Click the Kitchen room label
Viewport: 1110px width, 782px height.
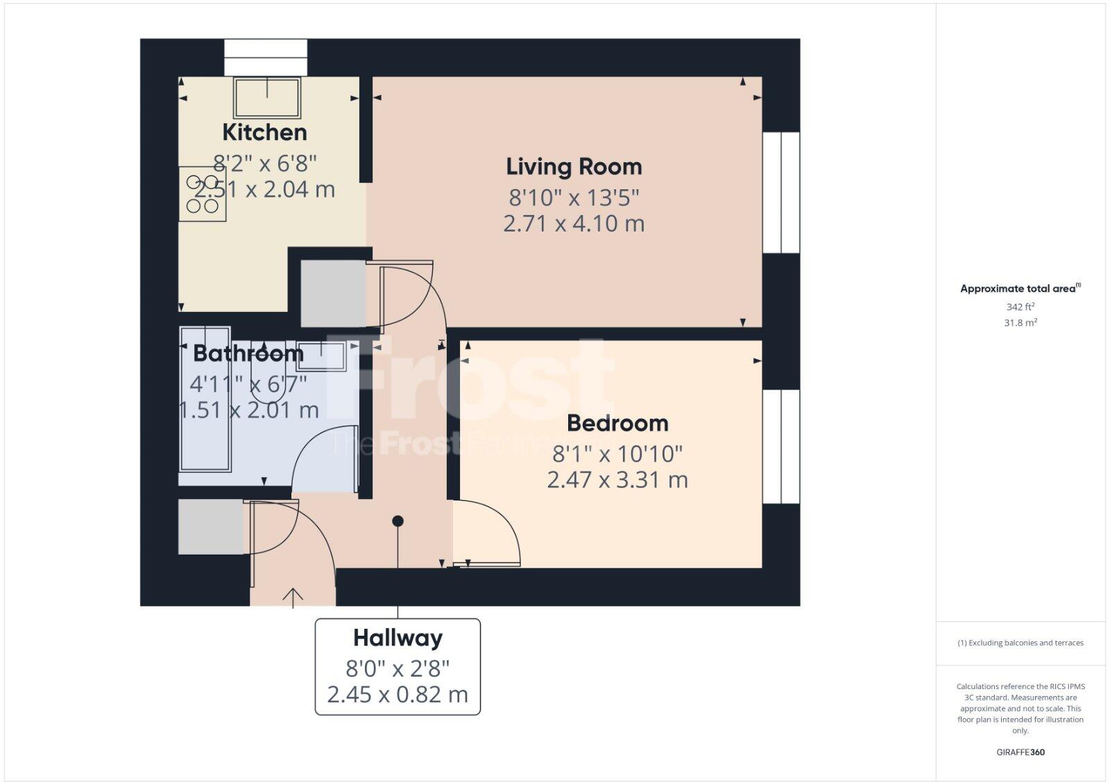pyautogui.click(x=264, y=132)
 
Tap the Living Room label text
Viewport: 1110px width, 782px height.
pyautogui.click(x=574, y=166)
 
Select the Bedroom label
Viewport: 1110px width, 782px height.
pyautogui.click(x=617, y=423)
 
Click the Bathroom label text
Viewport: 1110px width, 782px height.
pyautogui.click(x=248, y=353)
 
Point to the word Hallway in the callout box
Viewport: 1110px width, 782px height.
pyautogui.click(x=398, y=638)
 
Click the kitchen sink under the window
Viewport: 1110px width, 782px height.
pyautogui.click(x=267, y=98)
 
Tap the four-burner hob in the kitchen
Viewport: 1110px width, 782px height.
pyautogui.click(x=203, y=194)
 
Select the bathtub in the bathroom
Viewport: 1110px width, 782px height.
pyautogui.click(x=205, y=409)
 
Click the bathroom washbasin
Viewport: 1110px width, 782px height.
pyautogui.click(x=321, y=356)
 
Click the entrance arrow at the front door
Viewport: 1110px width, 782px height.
pyautogui.click(x=293, y=596)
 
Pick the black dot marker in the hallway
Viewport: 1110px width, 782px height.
pyautogui.click(x=398, y=521)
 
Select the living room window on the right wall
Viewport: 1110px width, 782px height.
pyautogui.click(x=781, y=193)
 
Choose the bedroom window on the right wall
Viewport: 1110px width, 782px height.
pyautogui.click(x=781, y=447)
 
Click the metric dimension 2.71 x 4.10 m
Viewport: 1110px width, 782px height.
pyautogui.click(x=574, y=224)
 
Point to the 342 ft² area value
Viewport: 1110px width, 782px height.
pyautogui.click(x=1020, y=306)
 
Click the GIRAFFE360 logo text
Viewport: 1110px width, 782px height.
pyautogui.click(x=1020, y=752)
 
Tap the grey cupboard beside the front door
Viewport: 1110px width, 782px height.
pyautogui.click(x=211, y=527)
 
